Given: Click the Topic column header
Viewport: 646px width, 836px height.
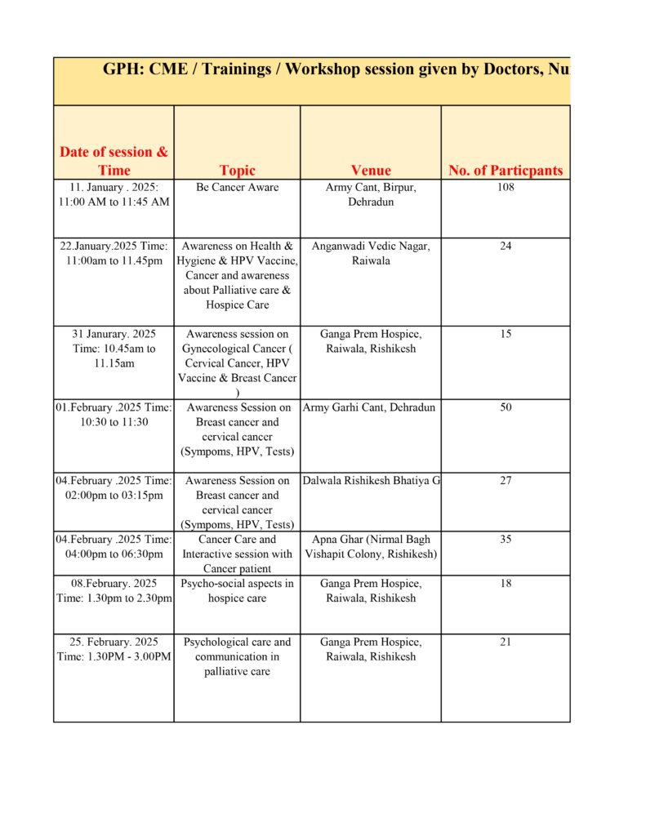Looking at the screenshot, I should point(237,171).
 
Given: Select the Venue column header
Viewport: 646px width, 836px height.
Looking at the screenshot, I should point(371,171).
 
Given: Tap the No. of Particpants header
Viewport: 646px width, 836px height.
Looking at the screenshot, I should point(506,171).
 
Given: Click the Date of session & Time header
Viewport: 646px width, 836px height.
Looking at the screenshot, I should point(114,161).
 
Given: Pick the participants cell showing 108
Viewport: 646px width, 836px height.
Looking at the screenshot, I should point(506,188).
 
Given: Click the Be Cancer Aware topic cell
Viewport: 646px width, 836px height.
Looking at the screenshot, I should point(237,188).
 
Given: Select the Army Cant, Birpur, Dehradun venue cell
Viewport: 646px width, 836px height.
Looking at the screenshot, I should point(371,194).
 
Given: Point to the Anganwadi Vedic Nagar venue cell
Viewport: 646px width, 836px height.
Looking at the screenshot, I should point(371,253).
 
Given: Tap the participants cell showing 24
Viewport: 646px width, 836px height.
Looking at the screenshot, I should point(506,247).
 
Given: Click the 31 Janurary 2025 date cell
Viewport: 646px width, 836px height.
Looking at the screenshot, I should point(114,348).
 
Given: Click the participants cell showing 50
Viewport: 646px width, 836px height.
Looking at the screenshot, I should point(506,407).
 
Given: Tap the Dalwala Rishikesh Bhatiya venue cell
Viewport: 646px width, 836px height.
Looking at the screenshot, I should point(371,481).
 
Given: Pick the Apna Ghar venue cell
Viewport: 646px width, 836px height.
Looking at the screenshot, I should point(371,546).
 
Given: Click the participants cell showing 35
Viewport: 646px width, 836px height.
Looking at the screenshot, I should point(506,540).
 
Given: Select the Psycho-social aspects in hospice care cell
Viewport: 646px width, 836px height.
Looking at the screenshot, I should point(237,590).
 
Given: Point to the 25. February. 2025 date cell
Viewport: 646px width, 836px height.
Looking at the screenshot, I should point(114,649).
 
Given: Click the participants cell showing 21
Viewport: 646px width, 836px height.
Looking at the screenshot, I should point(506,643).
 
